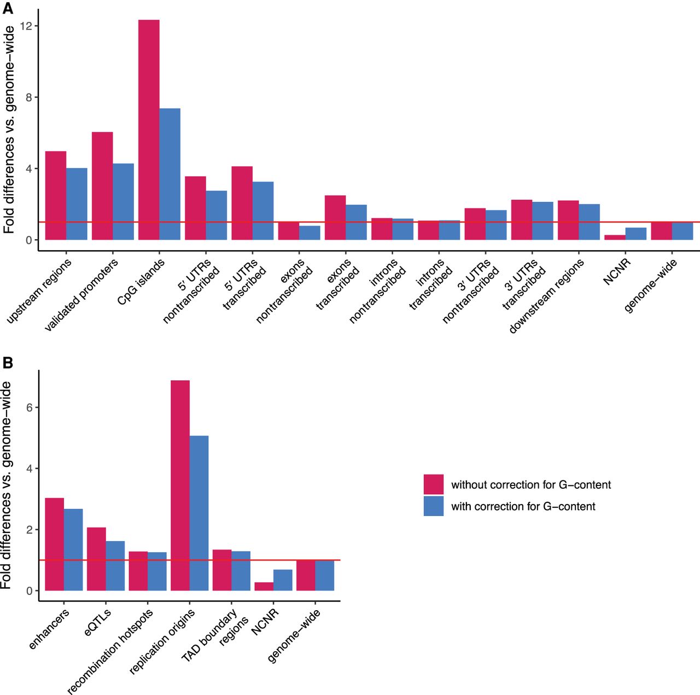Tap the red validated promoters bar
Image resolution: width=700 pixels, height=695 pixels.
(x=102, y=186)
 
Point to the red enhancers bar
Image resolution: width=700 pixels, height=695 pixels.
(x=54, y=544)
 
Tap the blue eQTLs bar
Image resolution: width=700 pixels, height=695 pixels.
(x=115, y=566)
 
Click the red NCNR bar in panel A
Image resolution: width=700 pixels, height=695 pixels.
(x=615, y=238)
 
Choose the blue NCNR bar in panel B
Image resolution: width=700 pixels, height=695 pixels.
(x=283, y=580)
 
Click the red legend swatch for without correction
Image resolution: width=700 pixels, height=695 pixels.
(x=433, y=484)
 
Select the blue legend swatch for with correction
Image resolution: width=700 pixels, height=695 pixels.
(x=433, y=506)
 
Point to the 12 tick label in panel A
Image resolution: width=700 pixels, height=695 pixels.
(x=26, y=26)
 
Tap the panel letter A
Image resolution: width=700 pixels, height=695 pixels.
(x=8, y=9)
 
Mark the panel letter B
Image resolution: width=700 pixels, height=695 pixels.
(x=8, y=363)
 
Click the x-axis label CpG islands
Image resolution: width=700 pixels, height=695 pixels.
(x=141, y=282)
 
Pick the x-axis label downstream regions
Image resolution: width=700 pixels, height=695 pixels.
(x=547, y=296)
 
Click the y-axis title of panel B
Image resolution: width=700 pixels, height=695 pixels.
(x=7, y=485)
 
